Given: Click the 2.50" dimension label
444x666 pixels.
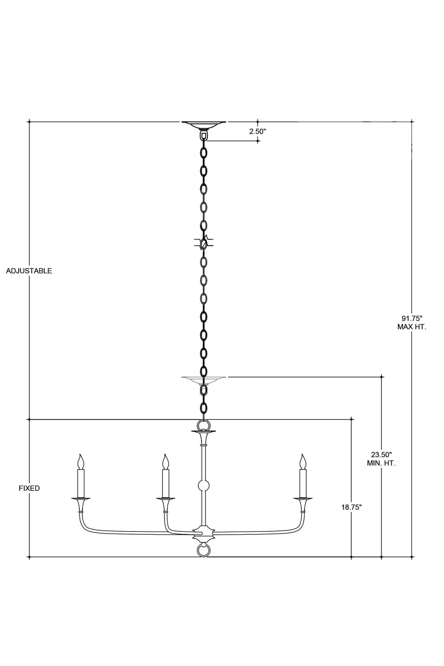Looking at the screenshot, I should pos(257,131).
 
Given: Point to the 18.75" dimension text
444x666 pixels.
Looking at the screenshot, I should pos(351,507).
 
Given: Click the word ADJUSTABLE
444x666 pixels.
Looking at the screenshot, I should pos(29,271).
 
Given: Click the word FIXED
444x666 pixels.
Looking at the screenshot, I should pos(29,488).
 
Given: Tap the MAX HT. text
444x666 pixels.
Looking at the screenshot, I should pos(412,327).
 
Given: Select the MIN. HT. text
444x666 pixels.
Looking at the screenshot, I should pos(381,463).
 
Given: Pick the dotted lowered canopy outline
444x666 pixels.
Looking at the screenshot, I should pos(203,380).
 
